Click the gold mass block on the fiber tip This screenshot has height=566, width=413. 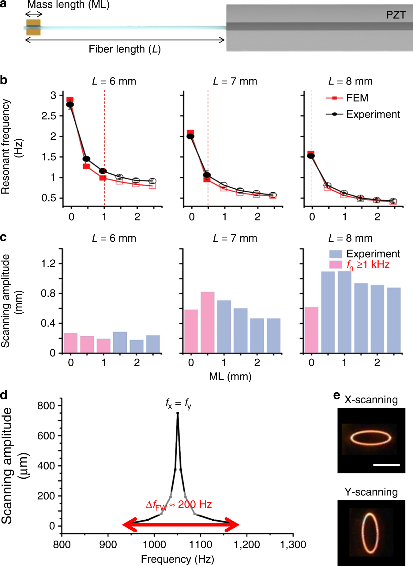(33, 27)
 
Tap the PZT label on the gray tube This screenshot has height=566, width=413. (396, 15)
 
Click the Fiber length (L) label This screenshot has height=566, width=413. (125, 49)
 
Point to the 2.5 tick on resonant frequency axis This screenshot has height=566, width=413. (49, 116)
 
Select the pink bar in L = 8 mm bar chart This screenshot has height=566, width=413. (311, 330)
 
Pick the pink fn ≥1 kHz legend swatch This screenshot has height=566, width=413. (335, 265)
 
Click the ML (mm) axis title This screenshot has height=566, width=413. (230, 376)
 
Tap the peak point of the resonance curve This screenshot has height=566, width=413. (178, 413)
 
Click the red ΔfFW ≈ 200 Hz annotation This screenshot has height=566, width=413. (179, 504)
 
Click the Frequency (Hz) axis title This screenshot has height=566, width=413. (178, 559)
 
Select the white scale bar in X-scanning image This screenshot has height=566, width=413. (386, 465)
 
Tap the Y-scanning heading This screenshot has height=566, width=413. (371, 492)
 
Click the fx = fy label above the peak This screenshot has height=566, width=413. (178, 403)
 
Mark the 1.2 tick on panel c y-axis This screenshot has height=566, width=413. (48, 263)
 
